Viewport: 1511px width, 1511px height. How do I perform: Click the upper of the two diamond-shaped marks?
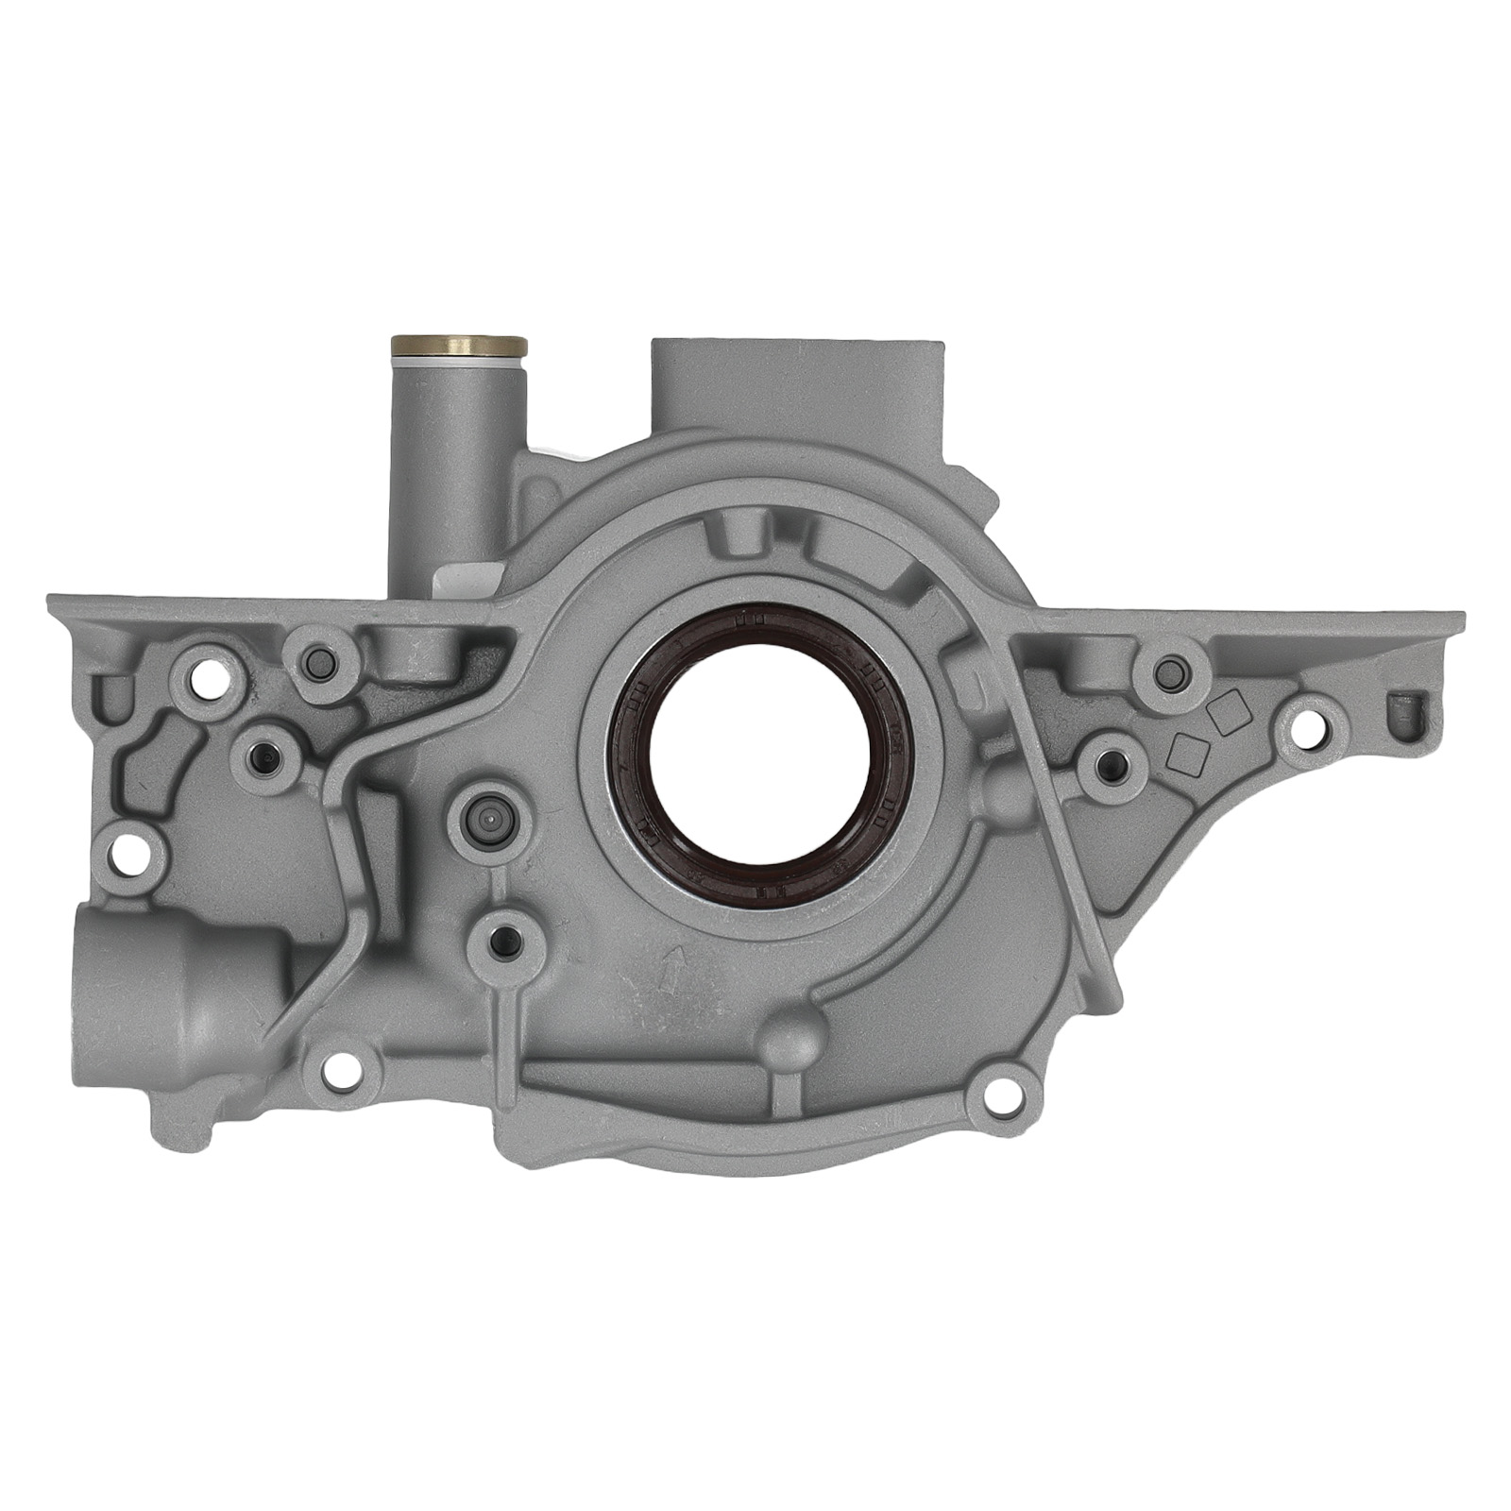(1227, 716)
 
